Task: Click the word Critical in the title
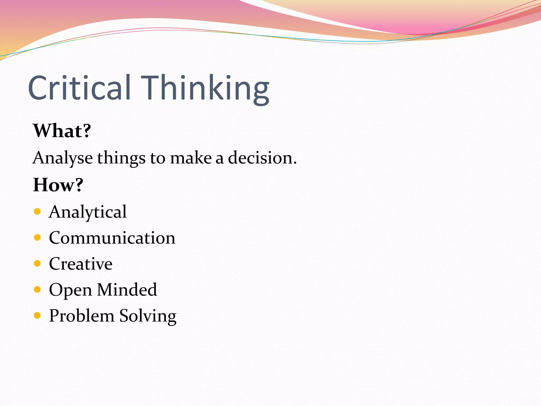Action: [79, 88]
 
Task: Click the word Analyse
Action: [63, 158]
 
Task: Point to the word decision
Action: [262, 158]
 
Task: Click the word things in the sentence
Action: [121, 158]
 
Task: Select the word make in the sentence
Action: [191, 158]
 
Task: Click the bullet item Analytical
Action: [88, 212]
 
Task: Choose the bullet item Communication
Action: [112, 238]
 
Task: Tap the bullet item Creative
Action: [81, 264]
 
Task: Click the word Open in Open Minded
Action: [70, 290]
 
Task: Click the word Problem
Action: [82, 316]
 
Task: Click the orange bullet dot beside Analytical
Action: [37, 211]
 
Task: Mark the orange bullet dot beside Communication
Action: [37, 237]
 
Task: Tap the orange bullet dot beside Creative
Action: [37, 263]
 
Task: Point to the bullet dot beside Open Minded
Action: [37, 289]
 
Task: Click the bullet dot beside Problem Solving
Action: [37, 315]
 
